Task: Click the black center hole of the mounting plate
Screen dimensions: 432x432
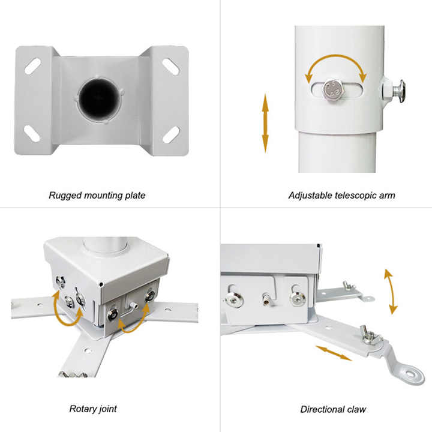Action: pos(98,98)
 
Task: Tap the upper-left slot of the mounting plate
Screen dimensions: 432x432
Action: pos(32,66)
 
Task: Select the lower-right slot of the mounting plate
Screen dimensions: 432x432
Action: pos(171,135)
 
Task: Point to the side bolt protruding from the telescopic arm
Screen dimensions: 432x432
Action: pos(394,91)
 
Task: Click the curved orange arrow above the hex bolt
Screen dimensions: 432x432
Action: pos(336,65)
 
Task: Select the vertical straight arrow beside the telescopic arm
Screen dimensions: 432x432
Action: pos(265,123)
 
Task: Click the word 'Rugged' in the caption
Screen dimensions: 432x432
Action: pos(65,196)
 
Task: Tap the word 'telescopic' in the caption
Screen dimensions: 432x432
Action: pos(355,196)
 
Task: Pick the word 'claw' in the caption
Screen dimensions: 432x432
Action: pos(356,409)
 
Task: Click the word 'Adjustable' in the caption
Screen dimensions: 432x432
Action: pos(310,196)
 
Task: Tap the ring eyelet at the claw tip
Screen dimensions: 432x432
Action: pos(411,374)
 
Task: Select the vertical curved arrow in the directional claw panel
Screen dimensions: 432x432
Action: pos(391,292)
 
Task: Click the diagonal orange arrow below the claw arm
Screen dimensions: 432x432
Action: pos(334,353)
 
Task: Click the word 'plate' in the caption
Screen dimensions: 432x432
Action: pos(135,196)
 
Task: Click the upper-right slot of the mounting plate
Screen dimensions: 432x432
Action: pos(171,67)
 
